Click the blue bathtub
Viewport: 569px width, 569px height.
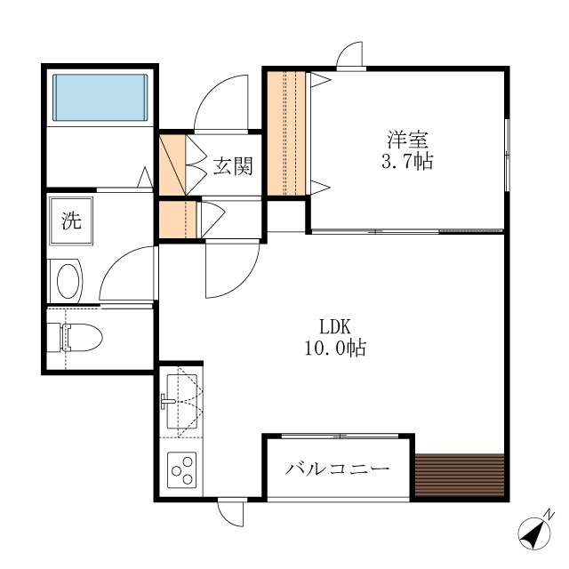click(x=100, y=97)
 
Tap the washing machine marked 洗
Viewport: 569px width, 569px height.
click(x=71, y=220)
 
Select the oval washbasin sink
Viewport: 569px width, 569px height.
click(x=68, y=281)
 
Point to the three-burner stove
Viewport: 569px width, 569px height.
click(x=181, y=470)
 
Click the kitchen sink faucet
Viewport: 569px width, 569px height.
click(x=168, y=401)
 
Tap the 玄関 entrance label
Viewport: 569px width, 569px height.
click(x=232, y=166)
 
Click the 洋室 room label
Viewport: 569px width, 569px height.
click(x=407, y=140)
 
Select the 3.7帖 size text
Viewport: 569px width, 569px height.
click(x=407, y=161)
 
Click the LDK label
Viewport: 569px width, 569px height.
click(x=335, y=326)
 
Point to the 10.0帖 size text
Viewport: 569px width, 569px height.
click(x=335, y=348)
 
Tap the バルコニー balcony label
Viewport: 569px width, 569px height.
click(x=337, y=469)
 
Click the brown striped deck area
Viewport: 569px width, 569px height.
click(x=460, y=475)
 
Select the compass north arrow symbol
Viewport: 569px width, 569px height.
click(x=534, y=533)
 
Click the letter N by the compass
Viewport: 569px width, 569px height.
click(x=550, y=515)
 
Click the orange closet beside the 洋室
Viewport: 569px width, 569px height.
click(x=286, y=133)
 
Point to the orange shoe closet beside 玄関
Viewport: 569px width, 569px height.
click(x=172, y=165)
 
